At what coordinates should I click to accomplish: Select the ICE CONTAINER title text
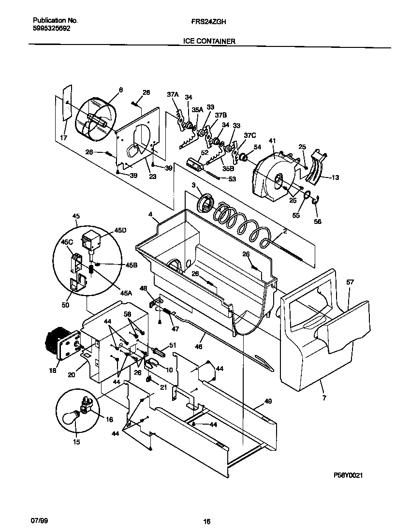coord(209,42)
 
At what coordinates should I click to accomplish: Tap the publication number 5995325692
coord(51,29)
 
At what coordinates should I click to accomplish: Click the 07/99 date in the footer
coord(39,520)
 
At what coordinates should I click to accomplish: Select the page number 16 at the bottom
coord(206,521)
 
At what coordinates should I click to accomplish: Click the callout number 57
coord(350,281)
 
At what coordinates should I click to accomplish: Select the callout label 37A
coord(173,95)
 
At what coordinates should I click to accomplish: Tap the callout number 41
coord(272,141)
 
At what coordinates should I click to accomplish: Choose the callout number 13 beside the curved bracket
coord(335,177)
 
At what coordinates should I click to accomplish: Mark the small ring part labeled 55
coord(307,195)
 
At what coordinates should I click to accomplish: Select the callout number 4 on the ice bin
coord(150,213)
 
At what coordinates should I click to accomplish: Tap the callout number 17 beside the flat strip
coord(63,137)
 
